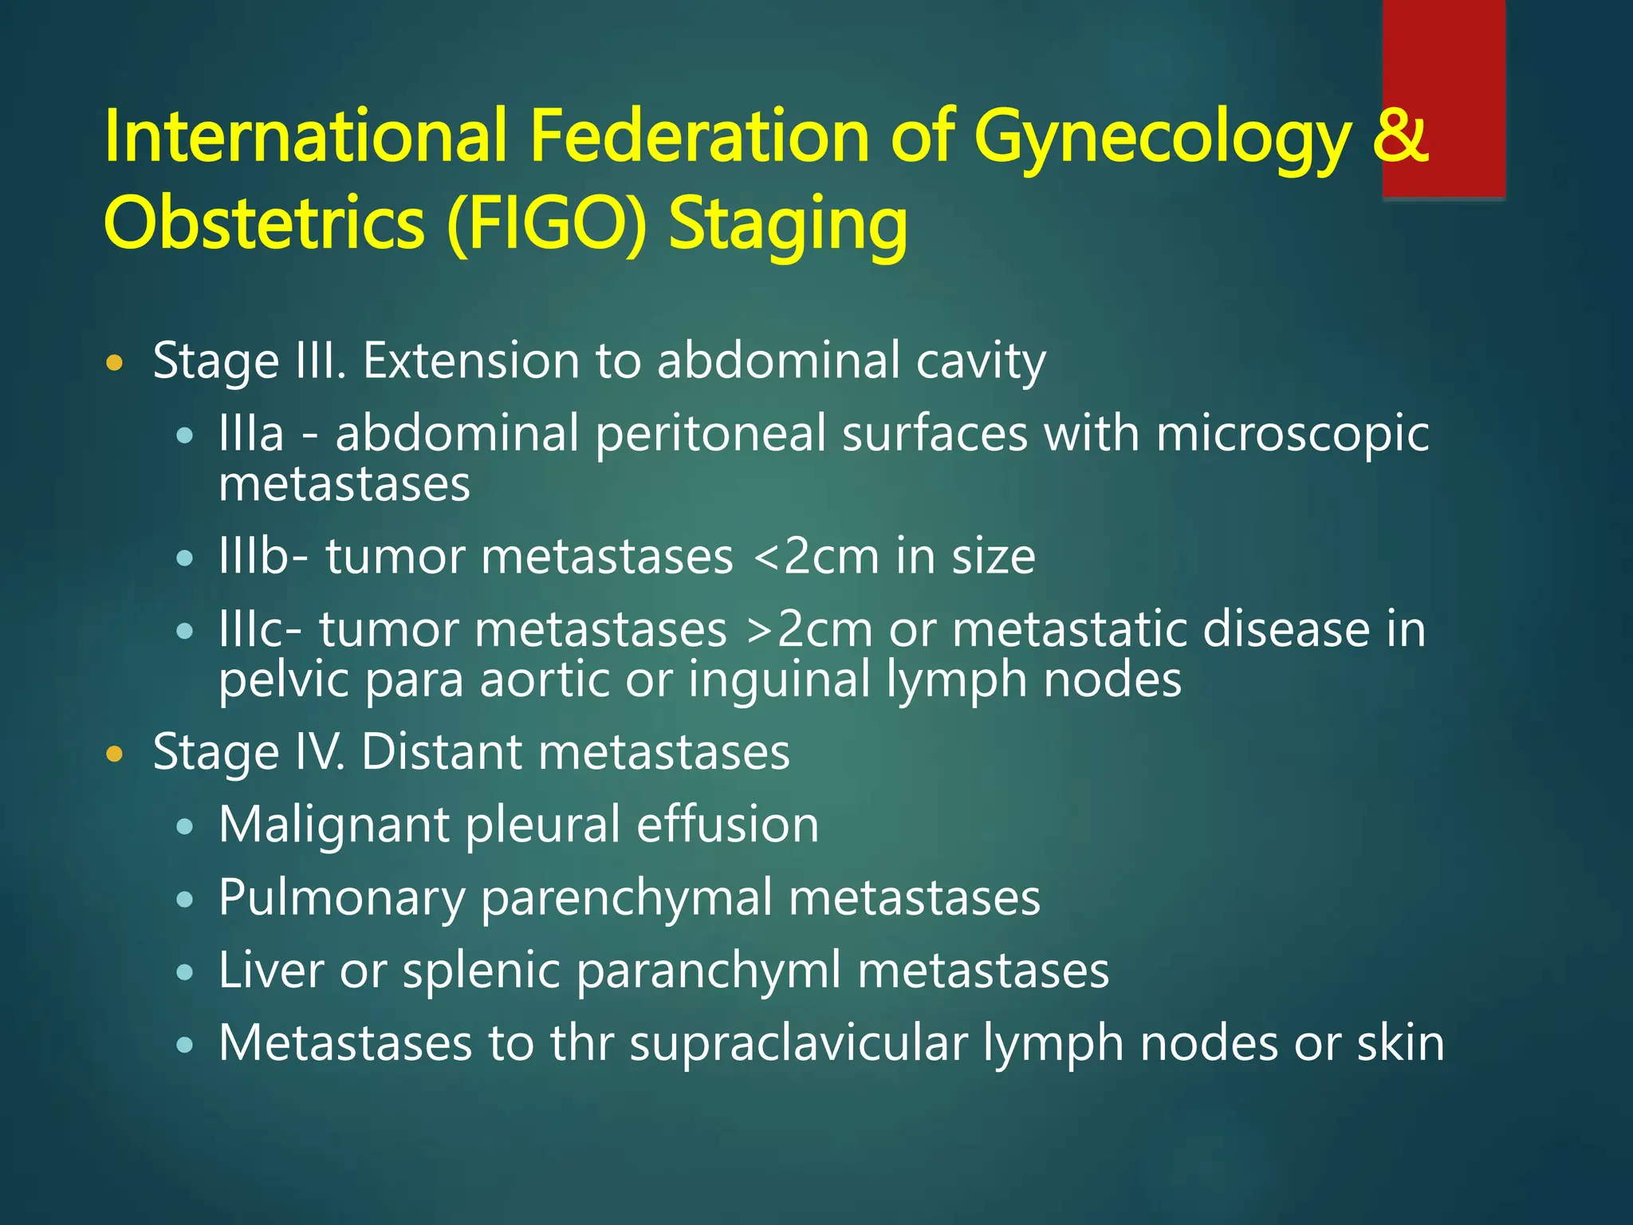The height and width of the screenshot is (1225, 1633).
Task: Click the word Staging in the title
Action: point(788,225)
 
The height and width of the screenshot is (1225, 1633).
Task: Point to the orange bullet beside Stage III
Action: point(116,364)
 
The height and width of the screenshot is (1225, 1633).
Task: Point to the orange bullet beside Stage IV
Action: point(116,754)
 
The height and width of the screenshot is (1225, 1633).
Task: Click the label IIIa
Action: point(251,434)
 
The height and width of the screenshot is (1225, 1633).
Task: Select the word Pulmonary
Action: point(341,899)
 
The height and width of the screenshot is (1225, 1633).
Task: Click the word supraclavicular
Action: point(798,1043)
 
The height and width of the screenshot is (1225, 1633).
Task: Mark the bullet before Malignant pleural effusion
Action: point(185,828)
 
